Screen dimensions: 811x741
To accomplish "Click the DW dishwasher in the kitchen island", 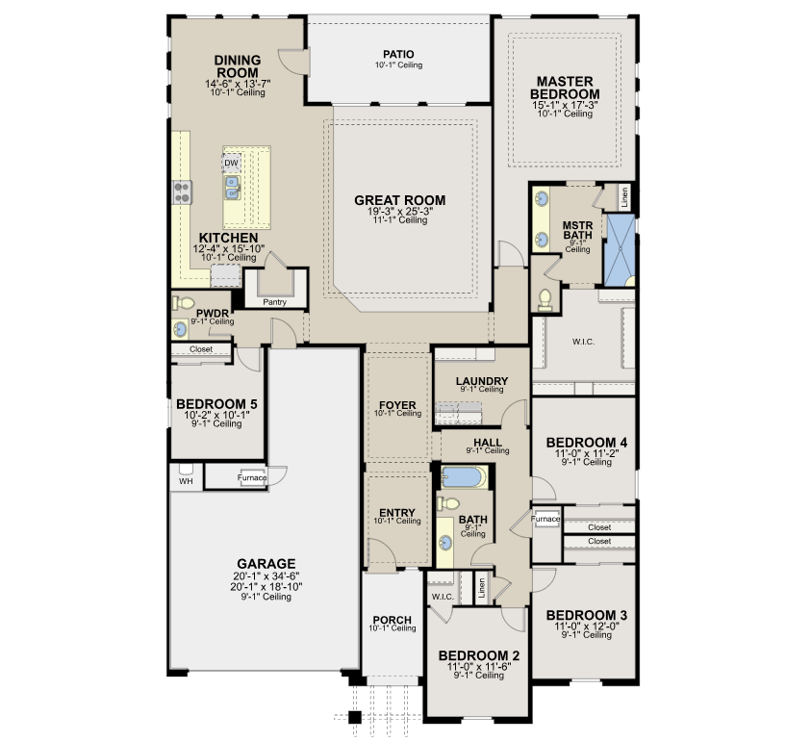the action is [231, 163].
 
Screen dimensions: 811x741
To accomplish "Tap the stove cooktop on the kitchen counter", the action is [182, 192].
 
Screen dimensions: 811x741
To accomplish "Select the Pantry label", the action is [274, 302].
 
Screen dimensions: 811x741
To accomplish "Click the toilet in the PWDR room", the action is [183, 303].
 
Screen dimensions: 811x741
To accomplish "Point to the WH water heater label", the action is [186, 481].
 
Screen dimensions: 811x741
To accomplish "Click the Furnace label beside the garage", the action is [252, 477].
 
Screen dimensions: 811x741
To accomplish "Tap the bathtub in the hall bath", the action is [464, 477].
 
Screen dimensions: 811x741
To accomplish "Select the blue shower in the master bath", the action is [621, 250].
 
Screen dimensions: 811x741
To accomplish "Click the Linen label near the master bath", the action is [624, 197].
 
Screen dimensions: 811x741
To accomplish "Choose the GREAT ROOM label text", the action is [400, 200].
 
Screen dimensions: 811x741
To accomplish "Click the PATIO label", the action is [398, 54].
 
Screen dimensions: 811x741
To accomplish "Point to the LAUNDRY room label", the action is [482, 381].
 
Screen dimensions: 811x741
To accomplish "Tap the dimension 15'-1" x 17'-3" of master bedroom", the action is [565, 105].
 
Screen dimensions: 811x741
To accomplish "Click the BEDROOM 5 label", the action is [216, 403].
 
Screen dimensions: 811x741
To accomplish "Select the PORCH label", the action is [393, 620].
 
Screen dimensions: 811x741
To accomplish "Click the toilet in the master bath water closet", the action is [545, 300].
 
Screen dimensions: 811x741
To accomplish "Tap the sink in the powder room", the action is [180, 328].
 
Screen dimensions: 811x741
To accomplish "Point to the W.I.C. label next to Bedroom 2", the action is [443, 597].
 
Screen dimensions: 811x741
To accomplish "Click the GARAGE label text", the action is [266, 564].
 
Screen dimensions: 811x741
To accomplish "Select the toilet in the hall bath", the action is [448, 502].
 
